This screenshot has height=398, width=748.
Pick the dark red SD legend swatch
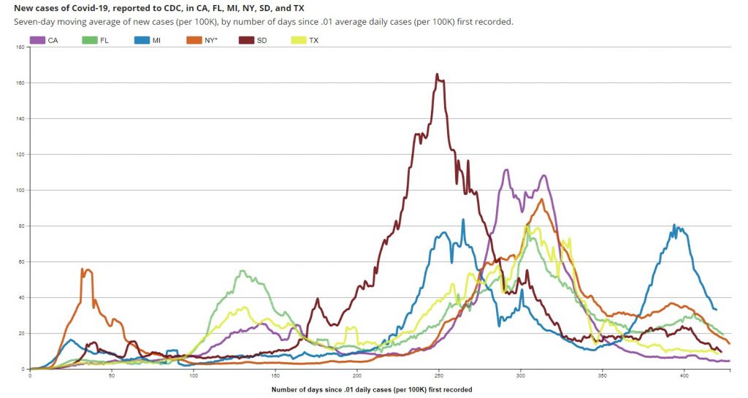[x=248, y=40]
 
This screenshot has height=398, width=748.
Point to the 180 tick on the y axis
[x=23, y=47]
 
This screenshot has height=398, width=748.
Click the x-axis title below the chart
[x=371, y=389]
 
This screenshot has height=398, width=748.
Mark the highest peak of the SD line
[x=437, y=74]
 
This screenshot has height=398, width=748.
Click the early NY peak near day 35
[x=83, y=269]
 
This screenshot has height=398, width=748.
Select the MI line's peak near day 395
[x=674, y=225]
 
